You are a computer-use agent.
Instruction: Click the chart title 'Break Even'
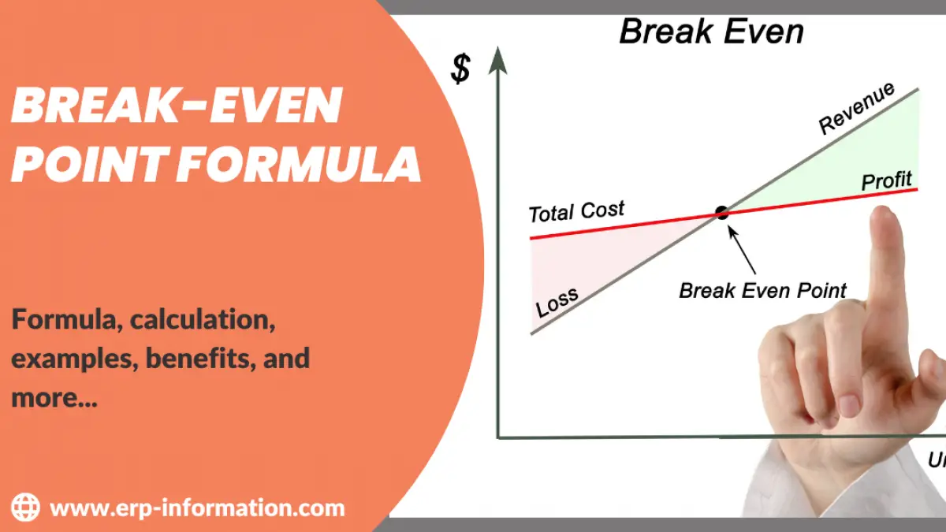(711, 32)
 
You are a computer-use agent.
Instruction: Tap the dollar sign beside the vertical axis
(460, 69)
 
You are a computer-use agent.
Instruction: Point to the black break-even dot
(721, 212)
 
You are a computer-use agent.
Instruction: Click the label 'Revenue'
(857, 108)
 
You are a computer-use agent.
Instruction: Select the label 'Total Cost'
(575, 212)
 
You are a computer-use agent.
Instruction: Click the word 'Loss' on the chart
(557, 302)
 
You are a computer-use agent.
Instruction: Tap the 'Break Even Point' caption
(762, 290)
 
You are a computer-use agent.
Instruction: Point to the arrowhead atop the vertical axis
(497, 60)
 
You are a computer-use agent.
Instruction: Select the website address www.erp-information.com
(197, 507)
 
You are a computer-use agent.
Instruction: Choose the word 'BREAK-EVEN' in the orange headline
(177, 106)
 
